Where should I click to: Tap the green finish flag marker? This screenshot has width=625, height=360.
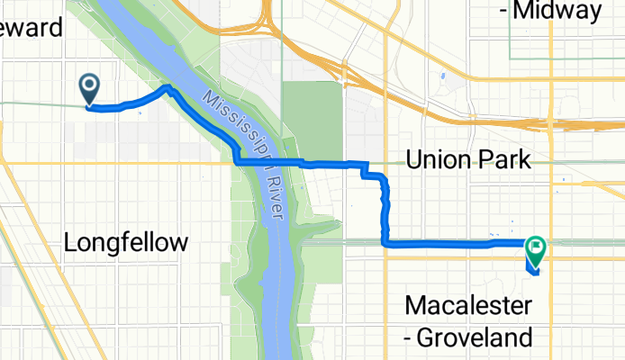tap(536, 245)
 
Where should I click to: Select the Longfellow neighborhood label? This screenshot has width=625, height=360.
tap(127, 242)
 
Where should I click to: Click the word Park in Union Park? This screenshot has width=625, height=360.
tap(503, 160)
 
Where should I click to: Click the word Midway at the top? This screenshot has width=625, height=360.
tap(558, 12)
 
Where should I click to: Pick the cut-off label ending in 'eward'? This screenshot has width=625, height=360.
tap(32, 27)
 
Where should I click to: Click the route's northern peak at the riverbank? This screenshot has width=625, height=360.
tap(168, 87)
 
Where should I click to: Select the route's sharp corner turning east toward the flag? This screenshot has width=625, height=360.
tap(386, 243)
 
